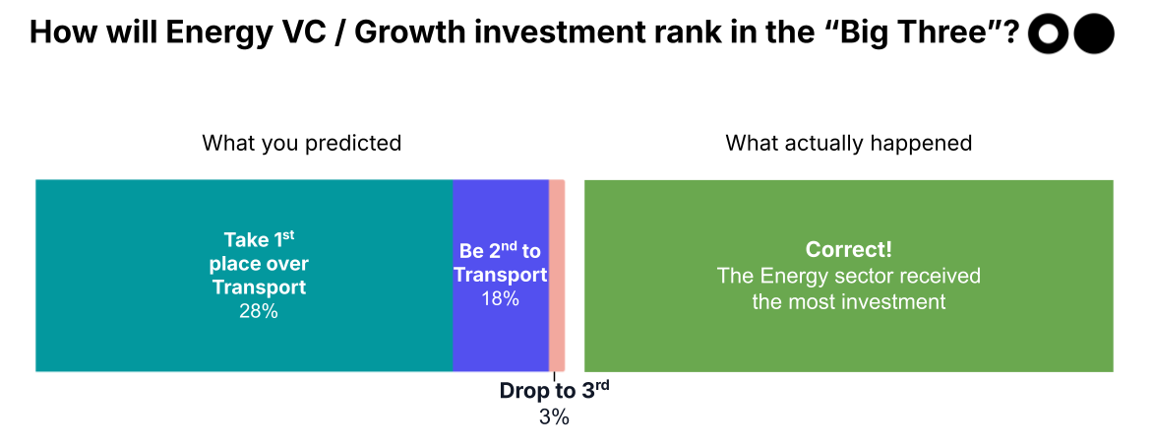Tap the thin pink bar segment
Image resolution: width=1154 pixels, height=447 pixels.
pos(557,276)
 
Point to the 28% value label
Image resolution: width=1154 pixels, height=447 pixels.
pos(259,311)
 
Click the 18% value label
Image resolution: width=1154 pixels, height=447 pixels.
pos(500,298)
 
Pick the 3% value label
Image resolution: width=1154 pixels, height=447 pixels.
pos(554,416)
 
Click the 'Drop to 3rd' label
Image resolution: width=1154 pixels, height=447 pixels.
pos(554,390)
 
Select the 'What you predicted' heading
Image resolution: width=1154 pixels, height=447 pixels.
pos(301,143)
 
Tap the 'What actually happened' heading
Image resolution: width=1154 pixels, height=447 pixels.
pos(848,143)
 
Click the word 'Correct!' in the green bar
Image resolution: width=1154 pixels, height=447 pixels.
pos(848,250)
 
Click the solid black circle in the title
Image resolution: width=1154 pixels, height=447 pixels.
pos(1093,34)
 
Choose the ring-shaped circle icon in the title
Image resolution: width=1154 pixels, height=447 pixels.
pos(1048,34)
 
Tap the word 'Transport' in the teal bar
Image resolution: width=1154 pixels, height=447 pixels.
pos(259,287)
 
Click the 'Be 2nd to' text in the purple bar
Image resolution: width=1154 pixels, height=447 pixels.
pos(500,251)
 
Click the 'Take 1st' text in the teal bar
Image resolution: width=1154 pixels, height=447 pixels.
pos(259,240)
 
